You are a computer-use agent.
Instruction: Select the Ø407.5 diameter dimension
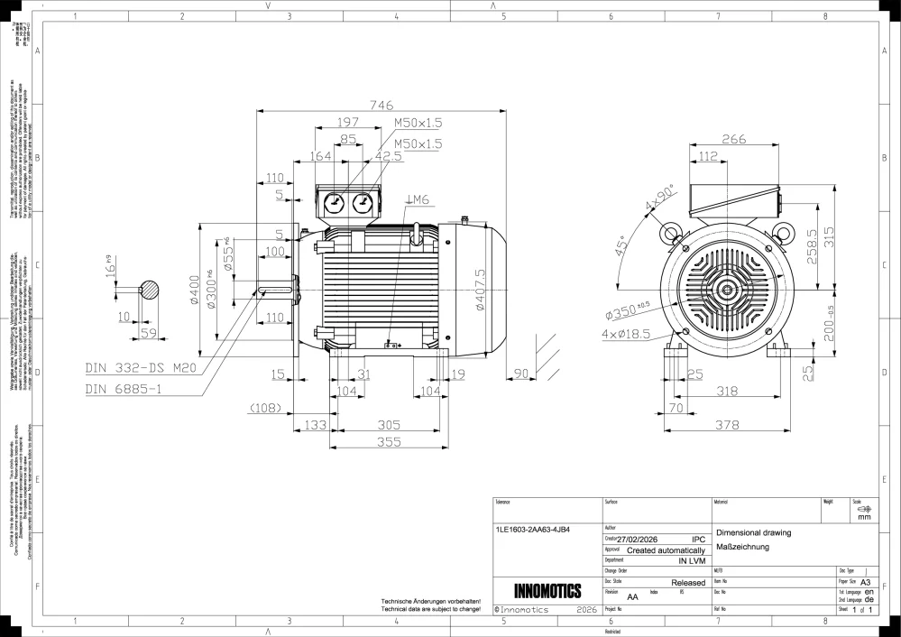tap(481, 289)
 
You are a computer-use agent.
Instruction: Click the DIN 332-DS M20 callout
tap(141, 368)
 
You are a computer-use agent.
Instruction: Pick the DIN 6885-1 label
tap(125, 390)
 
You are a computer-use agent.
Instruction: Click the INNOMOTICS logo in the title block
tap(547, 592)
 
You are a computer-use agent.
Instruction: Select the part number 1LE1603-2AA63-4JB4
tap(533, 530)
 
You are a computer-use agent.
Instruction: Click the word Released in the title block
tap(688, 584)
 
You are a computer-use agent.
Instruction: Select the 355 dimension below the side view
tap(389, 442)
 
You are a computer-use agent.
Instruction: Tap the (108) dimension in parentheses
tap(265, 408)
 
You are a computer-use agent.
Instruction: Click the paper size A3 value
tap(867, 583)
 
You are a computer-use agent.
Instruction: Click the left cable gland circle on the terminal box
tap(333, 202)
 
